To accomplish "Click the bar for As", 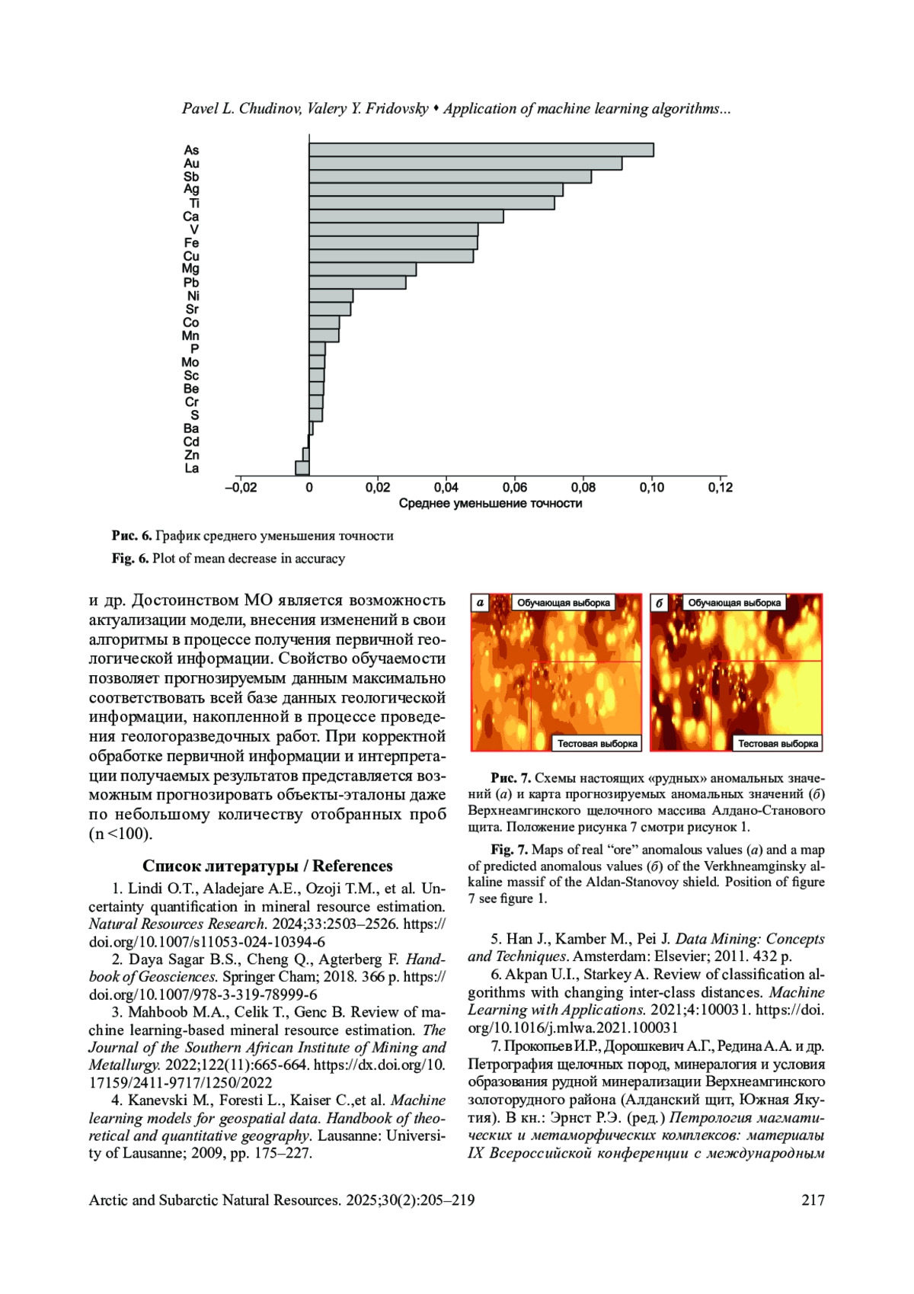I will pyautogui.click(x=481, y=150).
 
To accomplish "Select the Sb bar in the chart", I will pyautogui.click(x=449, y=177).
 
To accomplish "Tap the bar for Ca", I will pyautogui.click(x=406, y=216).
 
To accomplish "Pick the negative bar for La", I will pyautogui.click(x=302, y=468).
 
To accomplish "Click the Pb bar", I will pyautogui.click(x=357, y=283).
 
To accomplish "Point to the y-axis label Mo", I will pyautogui.click(x=190, y=363).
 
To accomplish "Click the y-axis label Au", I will pyautogui.click(x=191, y=164).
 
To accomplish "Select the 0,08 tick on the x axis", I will pyautogui.click(x=583, y=488).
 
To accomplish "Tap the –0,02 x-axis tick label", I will pyautogui.click(x=241, y=488).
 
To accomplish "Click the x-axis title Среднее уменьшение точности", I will pyautogui.click(x=491, y=504).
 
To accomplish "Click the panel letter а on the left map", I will pyautogui.click(x=480, y=603).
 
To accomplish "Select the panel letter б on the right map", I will pyautogui.click(x=660, y=603).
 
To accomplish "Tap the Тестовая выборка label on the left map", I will pyautogui.click(x=597, y=744).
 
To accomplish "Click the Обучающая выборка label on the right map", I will pyautogui.click(x=734, y=603).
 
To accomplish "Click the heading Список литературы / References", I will pyautogui.click(x=267, y=866).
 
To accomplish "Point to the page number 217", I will pyautogui.click(x=813, y=1200).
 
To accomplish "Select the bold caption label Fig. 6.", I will pyautogui.click(x=130, y=559).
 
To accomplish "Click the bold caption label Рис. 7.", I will pyautogui.click(x=510, y=778).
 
